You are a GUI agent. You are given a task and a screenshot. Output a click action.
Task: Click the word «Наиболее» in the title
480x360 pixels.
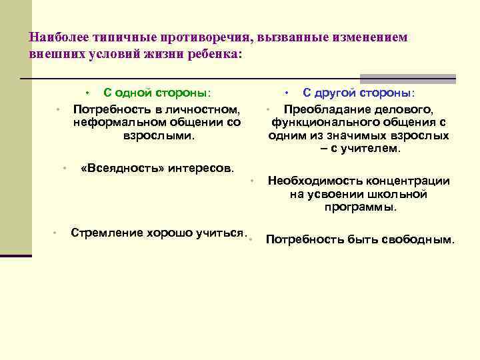[x=55, y=38]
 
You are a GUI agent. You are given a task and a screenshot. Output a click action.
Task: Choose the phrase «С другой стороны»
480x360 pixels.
[x=358, y=93]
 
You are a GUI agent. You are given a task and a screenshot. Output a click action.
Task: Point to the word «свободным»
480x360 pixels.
[x=418, y=239]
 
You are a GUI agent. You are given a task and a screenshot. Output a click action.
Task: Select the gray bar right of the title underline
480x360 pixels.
[x=407, y=79]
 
